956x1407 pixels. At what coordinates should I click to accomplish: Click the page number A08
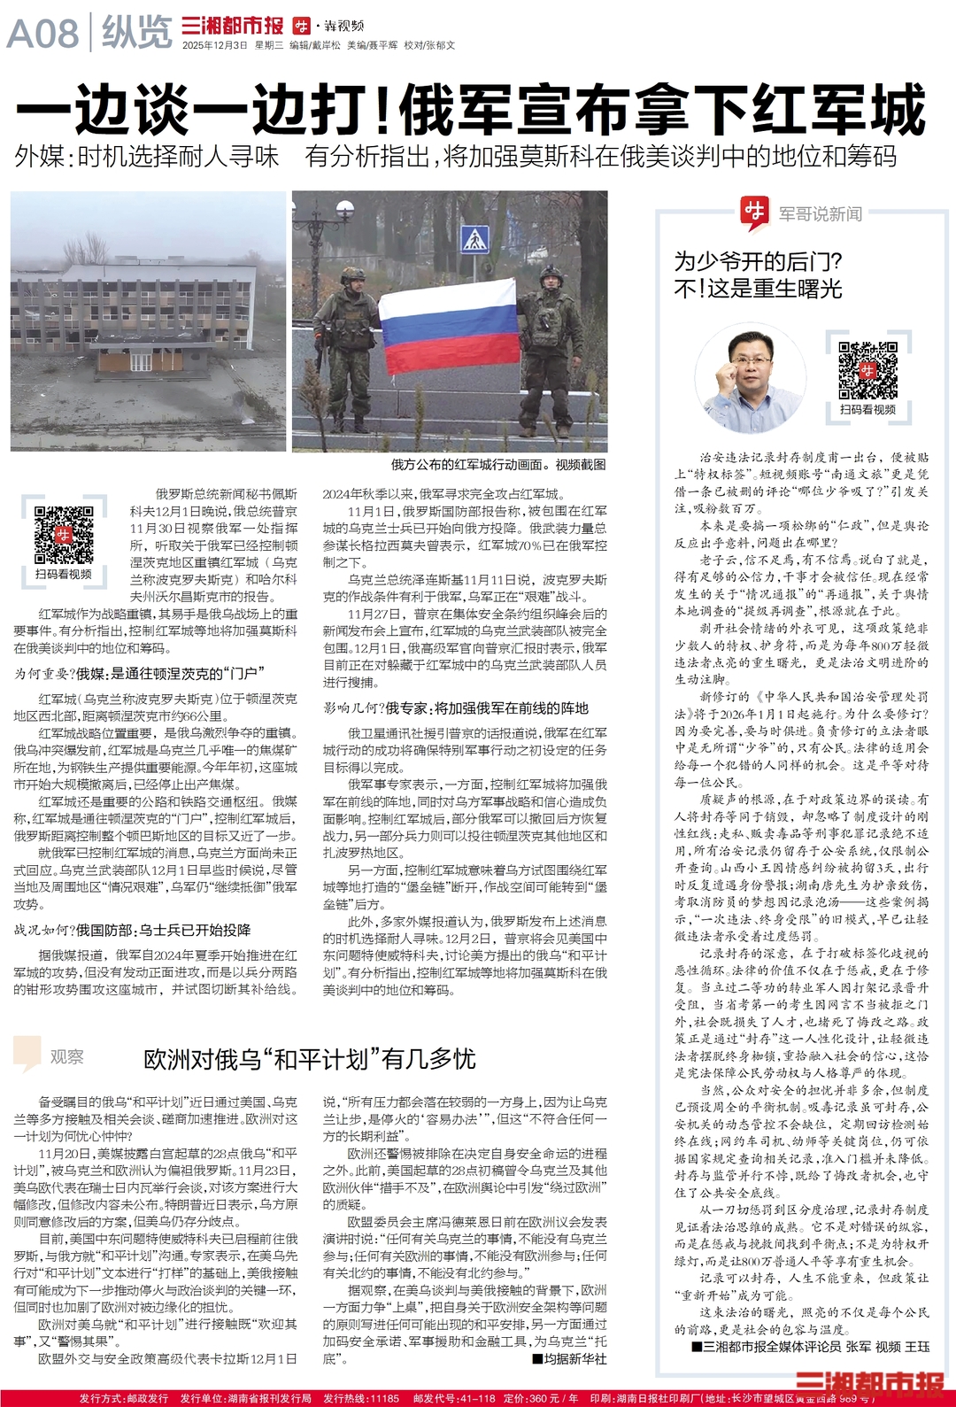(x=42, y=34)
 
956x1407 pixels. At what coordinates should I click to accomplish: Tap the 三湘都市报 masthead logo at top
(x=232, y=27)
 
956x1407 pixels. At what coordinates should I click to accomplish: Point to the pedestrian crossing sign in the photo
(x=475, y=238)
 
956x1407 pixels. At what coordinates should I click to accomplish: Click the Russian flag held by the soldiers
(x=449, y=327)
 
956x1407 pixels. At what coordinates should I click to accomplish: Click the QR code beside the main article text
(x=64, y=534)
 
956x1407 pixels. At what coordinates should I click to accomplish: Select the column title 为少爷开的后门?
(x=759, y=262)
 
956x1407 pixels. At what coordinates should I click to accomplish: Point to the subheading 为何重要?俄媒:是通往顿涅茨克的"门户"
(x=139, y=674)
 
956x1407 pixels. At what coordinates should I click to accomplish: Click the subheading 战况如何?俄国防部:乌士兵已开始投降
(x=132, y=930)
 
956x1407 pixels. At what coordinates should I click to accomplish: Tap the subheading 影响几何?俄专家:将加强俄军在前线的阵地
(x=455, y=708)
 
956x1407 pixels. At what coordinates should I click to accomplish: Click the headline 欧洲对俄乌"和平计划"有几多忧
(x=310, y=1059)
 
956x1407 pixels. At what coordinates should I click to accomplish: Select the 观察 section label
(x=66, y=1056)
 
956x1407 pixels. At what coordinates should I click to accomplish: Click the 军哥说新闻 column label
(x=820, y=213)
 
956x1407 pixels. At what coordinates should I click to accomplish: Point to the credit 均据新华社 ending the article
(x=570, y=1358)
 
